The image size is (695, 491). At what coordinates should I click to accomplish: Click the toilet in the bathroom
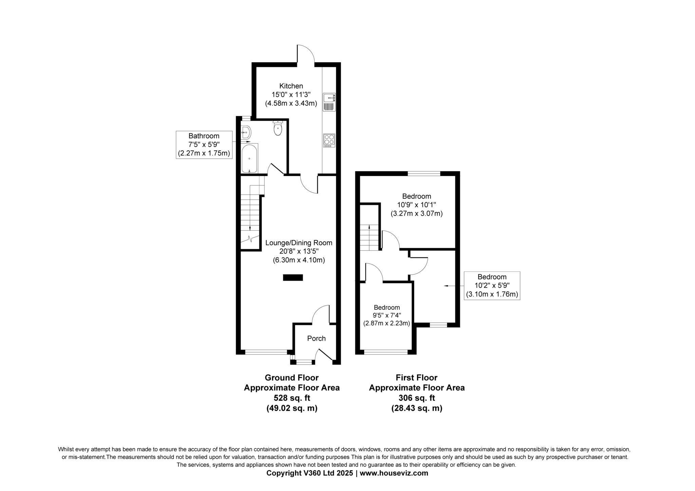pos(278,128)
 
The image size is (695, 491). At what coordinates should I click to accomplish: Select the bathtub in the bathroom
pos(249,158)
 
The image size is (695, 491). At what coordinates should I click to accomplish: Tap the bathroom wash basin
pos(246,132)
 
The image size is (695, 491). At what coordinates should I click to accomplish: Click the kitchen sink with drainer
pos(329,102)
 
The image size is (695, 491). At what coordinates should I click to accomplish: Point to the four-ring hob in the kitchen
pos(329,140)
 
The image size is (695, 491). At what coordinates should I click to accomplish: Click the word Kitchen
pos(291,86)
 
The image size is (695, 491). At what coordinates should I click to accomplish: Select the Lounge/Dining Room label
pos(299,243)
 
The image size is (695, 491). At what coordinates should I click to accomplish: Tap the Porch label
pos(316,338)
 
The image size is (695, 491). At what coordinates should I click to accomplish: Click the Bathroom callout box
pos(204,145)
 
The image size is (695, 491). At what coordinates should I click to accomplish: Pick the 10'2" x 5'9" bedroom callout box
pos(492,286)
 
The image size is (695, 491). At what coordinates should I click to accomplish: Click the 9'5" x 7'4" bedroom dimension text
pos(387,315)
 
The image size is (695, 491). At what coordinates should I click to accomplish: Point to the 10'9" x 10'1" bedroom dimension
pos(416,205)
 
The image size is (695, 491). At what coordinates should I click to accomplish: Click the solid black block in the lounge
pos(293,278)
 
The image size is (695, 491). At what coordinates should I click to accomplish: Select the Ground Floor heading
pos(292,378)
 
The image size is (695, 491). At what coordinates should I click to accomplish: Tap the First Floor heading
pos(416,378)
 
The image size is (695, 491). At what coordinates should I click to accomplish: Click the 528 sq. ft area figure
pos(292,398)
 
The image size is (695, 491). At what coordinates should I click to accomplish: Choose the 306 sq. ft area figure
pos(417,398)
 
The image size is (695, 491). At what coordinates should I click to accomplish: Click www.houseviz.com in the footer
pos(394,473)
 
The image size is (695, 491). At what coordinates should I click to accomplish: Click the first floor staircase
pos(369,237)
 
